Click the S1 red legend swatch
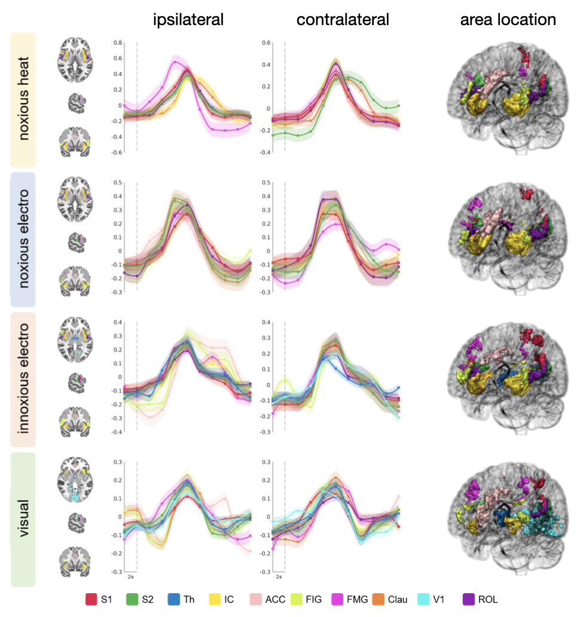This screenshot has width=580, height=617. click(91, 599)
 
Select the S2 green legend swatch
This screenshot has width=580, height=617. click(131, 599)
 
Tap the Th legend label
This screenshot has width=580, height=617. click(190, 599)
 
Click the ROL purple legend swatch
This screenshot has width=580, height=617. click(469, 599)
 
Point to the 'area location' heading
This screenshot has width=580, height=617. click(508, 20)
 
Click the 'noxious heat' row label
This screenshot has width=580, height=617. click(23, 100)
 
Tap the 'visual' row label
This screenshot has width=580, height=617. click(23, 518)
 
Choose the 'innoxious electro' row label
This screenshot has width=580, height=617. click(23, 379)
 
